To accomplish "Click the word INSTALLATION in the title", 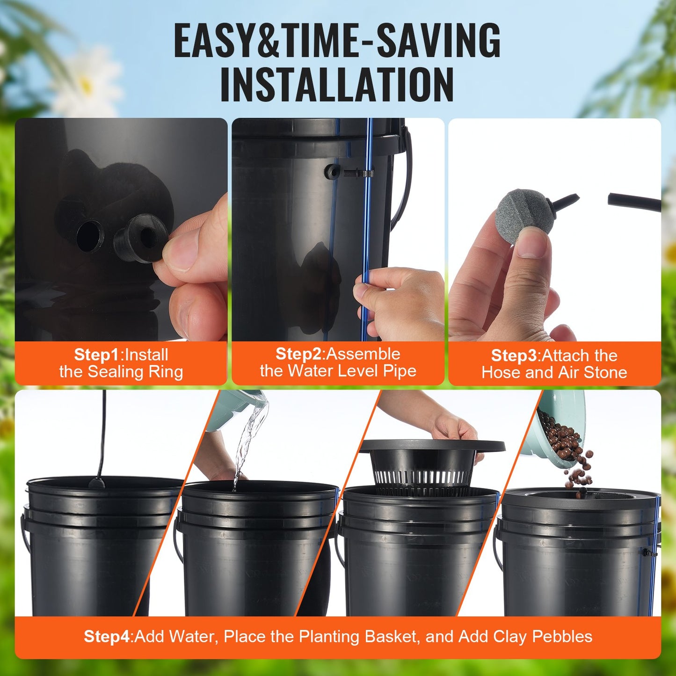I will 337,85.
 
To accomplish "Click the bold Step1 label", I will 97,355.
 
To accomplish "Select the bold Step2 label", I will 298,354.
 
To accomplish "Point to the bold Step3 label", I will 514,356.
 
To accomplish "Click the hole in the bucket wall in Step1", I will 90,236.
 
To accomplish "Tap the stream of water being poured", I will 248,440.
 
